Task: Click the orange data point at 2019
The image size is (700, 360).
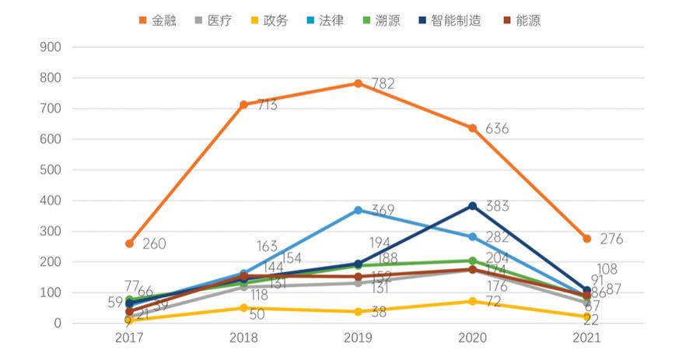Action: tap(358, 83)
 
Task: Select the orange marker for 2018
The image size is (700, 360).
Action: tap(243, 104)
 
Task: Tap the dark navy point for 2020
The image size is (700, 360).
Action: tap(472, 206)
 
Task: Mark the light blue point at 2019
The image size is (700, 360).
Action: tap(358, 210)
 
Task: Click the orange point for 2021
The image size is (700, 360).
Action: tap(586, 239)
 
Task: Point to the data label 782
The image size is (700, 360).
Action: tap(383, 84)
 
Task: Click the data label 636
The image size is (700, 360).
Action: tap(496, 129)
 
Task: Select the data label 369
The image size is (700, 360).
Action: tap(383, 211)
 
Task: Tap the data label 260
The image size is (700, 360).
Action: tap(154, 244)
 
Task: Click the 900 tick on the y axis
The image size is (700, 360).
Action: tap(52, 47)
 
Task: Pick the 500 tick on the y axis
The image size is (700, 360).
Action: tap(52, 170)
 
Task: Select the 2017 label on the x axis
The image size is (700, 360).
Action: tap(129, 339)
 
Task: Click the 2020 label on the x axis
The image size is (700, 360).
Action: tap(472, 339)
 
